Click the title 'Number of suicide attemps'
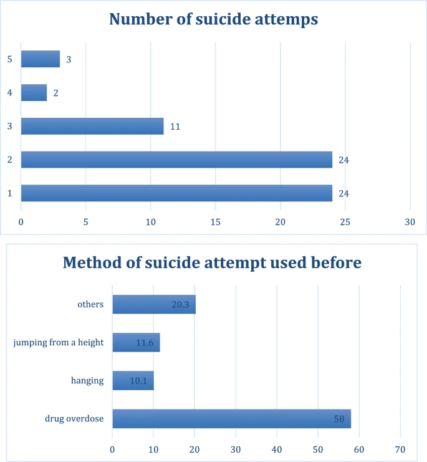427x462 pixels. coord(214,19)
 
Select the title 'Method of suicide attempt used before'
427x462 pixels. coord(213,262)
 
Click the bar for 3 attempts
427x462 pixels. coord(92,126)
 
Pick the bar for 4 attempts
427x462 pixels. coord(34,93)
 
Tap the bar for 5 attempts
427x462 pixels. coord(41,59)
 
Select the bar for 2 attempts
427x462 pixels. coord(176,160)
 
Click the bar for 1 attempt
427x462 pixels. coord(176,193)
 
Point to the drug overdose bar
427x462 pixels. coord(231,418)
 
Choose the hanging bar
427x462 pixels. coord(133,380)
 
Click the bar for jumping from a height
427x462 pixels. coord(136,342)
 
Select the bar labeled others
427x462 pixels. coord(154,305)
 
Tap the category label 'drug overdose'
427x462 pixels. coord(74,418)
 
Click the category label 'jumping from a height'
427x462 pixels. coord(58,342)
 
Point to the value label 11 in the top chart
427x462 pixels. coord(175,127)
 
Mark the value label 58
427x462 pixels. coord(339,418)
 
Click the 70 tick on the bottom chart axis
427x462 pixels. coord(400,449)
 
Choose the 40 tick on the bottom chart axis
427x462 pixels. coord(277,449)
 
